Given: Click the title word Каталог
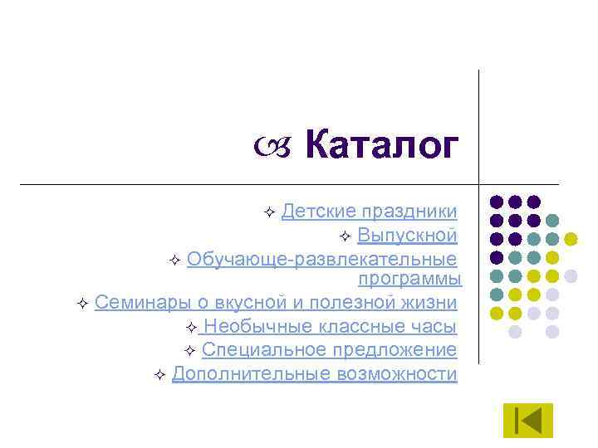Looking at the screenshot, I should pos(381,146).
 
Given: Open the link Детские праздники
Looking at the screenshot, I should pos(369,212).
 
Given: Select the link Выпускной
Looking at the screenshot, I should pos(407,236).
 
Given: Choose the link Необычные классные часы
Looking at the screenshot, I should pos(330,326).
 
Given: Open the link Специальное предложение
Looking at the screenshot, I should pos(329,350).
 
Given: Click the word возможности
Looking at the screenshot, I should pos(397,374).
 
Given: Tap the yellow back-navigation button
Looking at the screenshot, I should pos(527,420).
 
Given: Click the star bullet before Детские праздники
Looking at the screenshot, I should pos(268,214).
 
